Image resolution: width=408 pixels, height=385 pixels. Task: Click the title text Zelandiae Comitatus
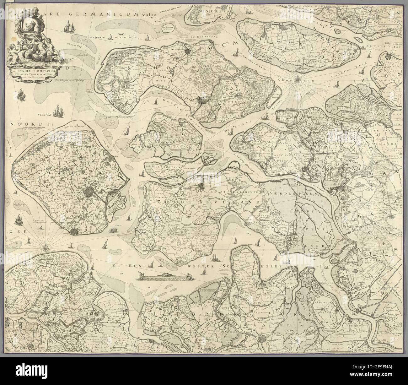pyautogui.click(x=37, y=71)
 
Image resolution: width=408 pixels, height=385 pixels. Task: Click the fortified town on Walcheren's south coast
pyautogui.click(x=74, y=232)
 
